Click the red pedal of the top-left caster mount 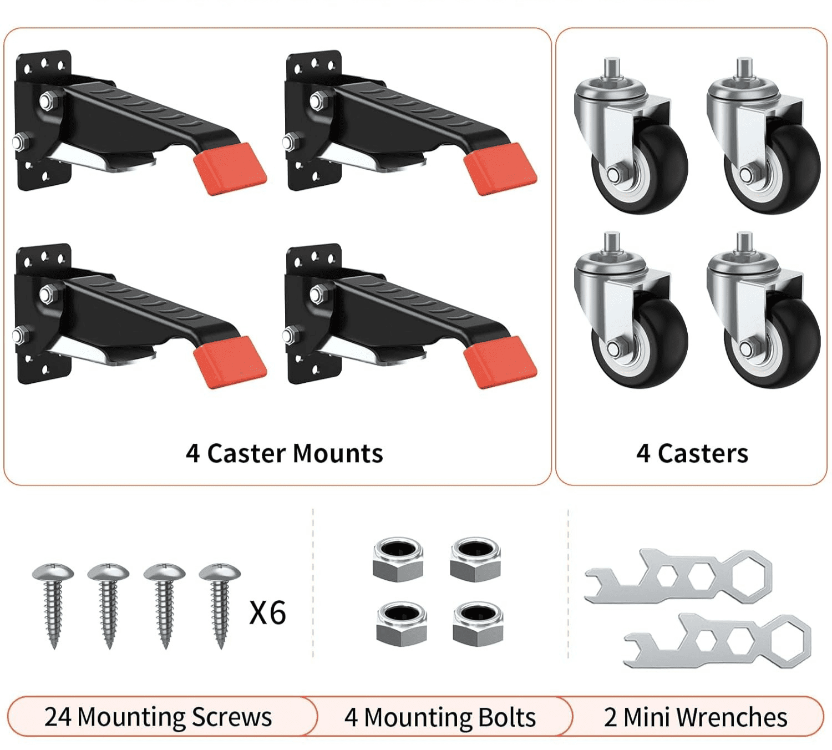(x=230, y=169)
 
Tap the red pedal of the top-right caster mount (x=500, y=169)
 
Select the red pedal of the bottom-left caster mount (x=230, y=362)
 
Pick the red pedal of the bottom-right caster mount (x=500, y=362)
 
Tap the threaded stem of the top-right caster (x=744, y=69)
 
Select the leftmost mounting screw (x=53, y=606)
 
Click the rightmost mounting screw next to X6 (x=220, y=606)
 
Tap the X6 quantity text (x=267, y=612)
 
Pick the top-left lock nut (x=398, y=560)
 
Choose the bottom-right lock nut (x=478, y=624)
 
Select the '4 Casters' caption (x=692, y=453)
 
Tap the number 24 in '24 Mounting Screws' (x=58, y=716)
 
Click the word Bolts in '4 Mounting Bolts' (x=507, y=717)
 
